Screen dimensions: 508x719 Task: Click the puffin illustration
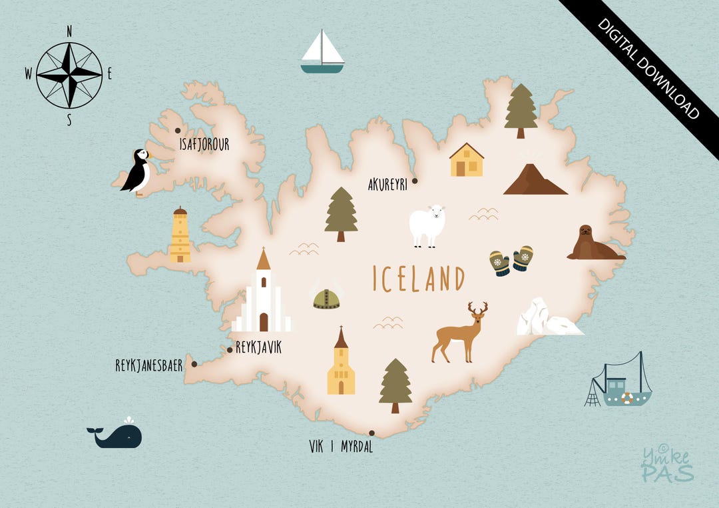137,171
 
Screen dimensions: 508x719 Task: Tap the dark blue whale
117,436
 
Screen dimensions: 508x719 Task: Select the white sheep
427,225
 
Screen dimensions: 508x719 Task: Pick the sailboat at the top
322,52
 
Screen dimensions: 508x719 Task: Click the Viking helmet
326,298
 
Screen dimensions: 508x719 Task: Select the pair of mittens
511,260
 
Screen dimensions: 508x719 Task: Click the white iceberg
546,319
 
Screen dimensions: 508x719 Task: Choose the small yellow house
466,161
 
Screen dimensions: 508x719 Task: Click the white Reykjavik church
263,297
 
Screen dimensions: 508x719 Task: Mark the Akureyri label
387,185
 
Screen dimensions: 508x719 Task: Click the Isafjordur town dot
178,131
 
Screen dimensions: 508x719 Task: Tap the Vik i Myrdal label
341,447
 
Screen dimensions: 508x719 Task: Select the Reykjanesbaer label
149,365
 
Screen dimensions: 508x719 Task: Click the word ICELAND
418,278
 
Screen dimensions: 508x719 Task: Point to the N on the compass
69,31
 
